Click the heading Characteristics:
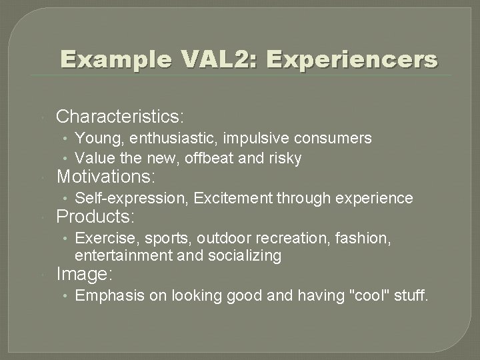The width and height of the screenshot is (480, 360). (120, 117)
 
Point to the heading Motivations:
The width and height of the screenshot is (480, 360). (106, 177)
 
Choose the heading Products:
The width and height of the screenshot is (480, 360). (96, 217)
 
